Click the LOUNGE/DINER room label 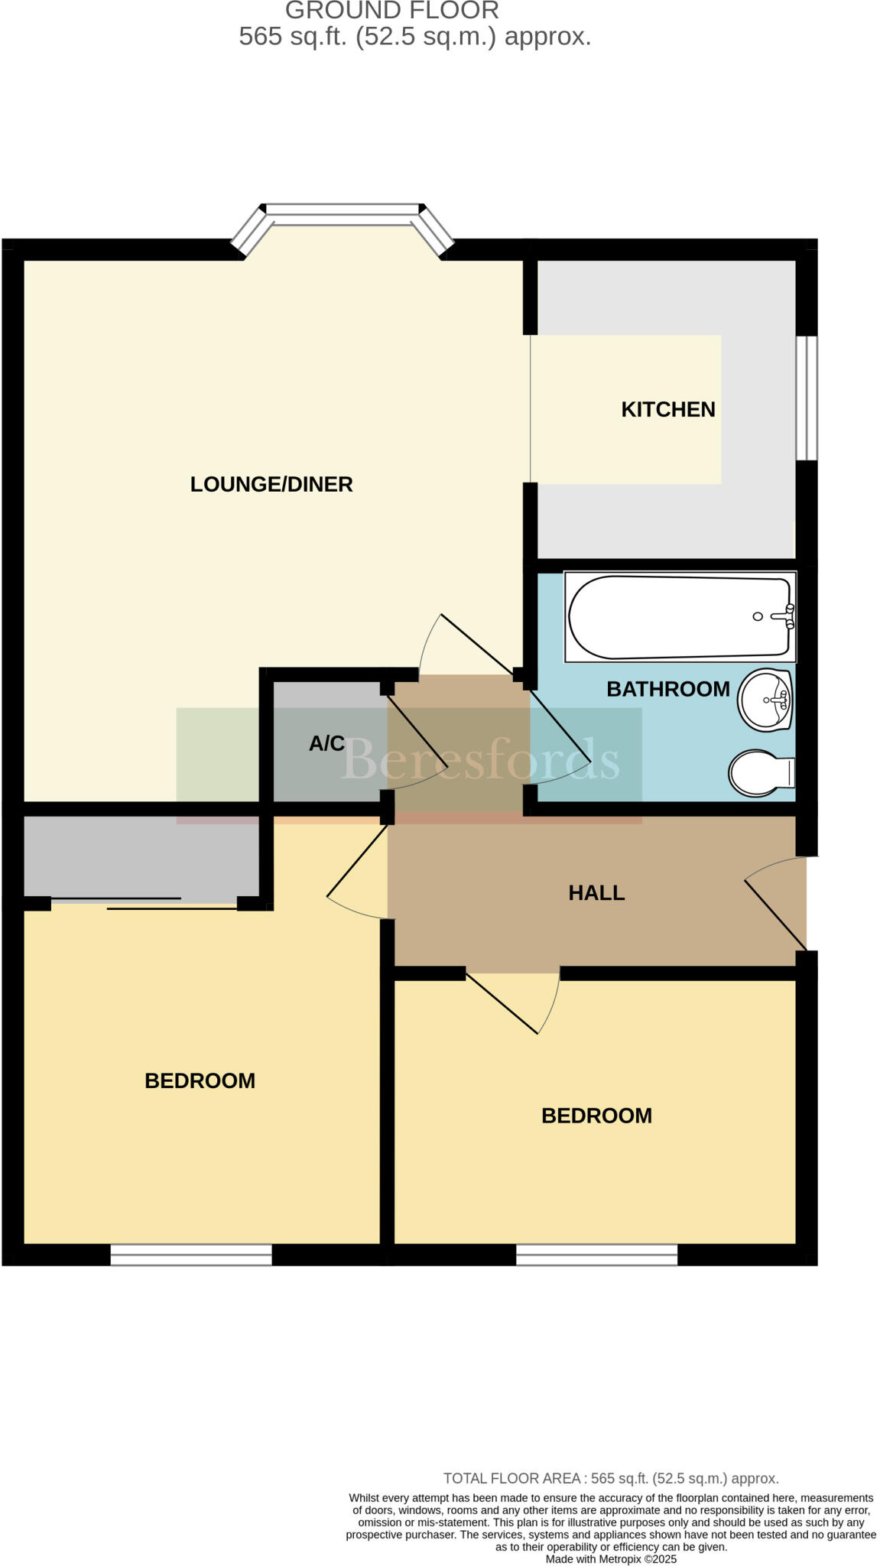point(271,484)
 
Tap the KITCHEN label point(667,409)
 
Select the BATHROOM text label point(667,689)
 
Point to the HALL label point(596,892)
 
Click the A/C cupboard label point(326,743)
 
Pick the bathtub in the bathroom point(679,616)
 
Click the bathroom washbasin point(764,700)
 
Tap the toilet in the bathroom point(760,772)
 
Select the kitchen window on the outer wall point(806,398)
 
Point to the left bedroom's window point(191,1255)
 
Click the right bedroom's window point(596,1255)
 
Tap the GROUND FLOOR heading point(391,11)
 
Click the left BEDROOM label point(200,1080)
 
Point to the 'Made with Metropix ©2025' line point(611,1559)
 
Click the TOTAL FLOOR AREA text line point(611,1478)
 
